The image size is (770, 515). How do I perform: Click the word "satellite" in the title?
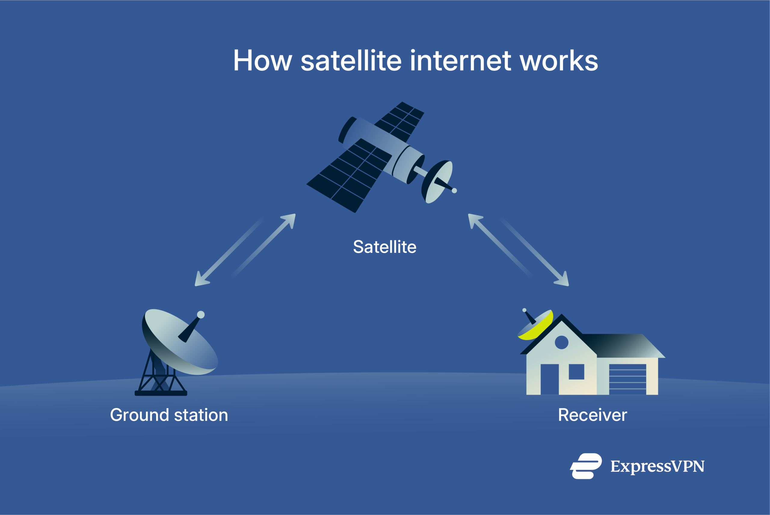pos(351,61)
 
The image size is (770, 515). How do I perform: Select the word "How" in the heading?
pos(263,61)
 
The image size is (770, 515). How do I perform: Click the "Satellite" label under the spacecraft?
pos(384,247)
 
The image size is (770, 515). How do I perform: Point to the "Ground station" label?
pos(169,415)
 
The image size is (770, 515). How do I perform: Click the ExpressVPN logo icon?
pos(586,466)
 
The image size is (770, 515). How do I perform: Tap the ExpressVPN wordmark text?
pos(657,466)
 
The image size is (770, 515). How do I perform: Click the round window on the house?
pos(562,343)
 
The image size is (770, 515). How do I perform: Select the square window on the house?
pos(576,372)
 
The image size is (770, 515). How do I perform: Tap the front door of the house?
pos(550,379)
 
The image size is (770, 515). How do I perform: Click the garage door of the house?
pos(627,379)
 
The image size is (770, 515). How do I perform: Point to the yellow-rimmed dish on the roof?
pos(535,326)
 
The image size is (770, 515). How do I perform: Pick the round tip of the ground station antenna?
pos(201,315)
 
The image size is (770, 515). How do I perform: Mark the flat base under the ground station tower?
pos(161,393)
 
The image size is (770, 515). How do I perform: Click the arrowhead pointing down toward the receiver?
pos(563,280)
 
